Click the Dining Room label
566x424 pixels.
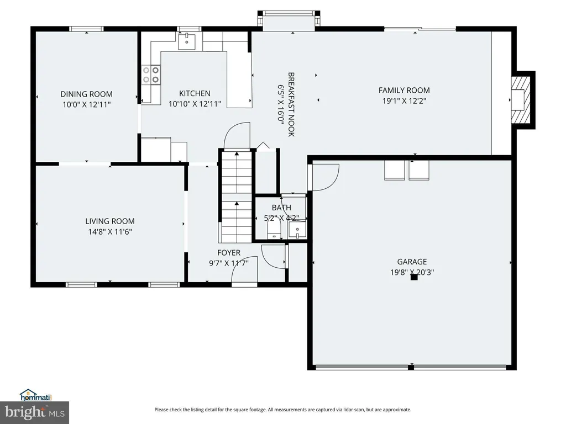[86, 94]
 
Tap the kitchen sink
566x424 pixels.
[187, 41]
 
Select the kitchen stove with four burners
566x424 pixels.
[151, 75]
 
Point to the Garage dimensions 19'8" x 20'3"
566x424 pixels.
[412, 272]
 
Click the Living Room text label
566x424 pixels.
[110, 221]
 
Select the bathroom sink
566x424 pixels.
[297, 230]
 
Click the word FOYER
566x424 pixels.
[229, 253]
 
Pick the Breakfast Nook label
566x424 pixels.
[291, 104]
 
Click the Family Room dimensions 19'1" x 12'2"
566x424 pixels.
[404, 100]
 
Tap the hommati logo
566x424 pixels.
[36, 395]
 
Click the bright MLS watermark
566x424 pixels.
[34, 412]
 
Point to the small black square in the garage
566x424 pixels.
[414, 277]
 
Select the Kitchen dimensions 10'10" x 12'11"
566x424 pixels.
[195, 104]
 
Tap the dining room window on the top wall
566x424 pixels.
[87, 29]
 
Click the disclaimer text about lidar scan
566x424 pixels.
[282, 410]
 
